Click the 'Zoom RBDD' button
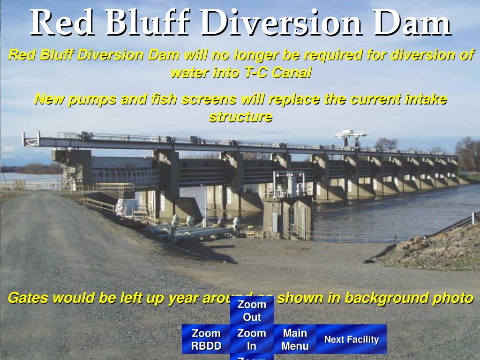[206, 339]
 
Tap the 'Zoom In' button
[252, 339]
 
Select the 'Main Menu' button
[295, 339]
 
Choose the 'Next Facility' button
[352, 339]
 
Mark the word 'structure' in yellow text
[240, 117]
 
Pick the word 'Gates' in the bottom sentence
[28, 298]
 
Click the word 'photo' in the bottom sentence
[451, 298]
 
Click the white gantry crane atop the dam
[351, 137]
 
